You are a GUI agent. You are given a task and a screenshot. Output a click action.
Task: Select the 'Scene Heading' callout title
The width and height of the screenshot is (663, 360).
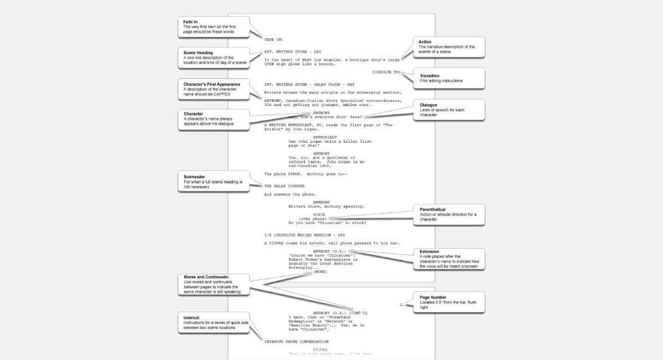pyautogui.click(x=199, y=52)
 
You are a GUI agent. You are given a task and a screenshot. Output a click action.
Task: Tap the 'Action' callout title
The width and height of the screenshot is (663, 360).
pyautogui.click(x=425, y=42)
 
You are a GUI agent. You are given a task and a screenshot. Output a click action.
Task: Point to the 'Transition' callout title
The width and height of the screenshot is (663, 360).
pyautogui.click(x=430, y=76)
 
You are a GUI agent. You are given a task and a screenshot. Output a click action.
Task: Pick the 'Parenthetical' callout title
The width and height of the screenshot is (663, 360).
pyautogui.click(x=433, y=210)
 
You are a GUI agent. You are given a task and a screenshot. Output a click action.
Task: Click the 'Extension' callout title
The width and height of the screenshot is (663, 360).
pyautogui.click(x=430, y=251)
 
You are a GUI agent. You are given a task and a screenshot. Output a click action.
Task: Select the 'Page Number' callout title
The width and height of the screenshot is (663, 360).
pyautogui.click(x=434, y=297)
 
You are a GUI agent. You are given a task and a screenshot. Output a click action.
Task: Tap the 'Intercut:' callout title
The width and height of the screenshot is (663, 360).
pyautogui.click(x=193, y=317)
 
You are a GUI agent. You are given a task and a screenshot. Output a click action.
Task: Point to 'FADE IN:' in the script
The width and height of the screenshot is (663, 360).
pyautogui.click(x=273, y=39)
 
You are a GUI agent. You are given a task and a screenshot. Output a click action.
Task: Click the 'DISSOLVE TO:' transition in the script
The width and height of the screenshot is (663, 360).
pyautogui.click(x=386, y=72)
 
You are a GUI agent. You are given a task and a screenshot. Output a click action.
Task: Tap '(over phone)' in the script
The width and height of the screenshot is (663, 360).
pyautogui.click(x=313, y=218)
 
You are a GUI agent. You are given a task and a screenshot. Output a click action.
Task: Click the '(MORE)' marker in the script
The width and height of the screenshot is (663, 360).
pyautogui.click(x=320, y=271)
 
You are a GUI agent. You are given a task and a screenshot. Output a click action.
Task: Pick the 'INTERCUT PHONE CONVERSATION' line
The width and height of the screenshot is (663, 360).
pyautogui.click(x=296, y=341)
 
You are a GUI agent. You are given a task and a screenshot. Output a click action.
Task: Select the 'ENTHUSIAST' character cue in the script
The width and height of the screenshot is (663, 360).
pyautogui.click(x=325, y=137)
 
